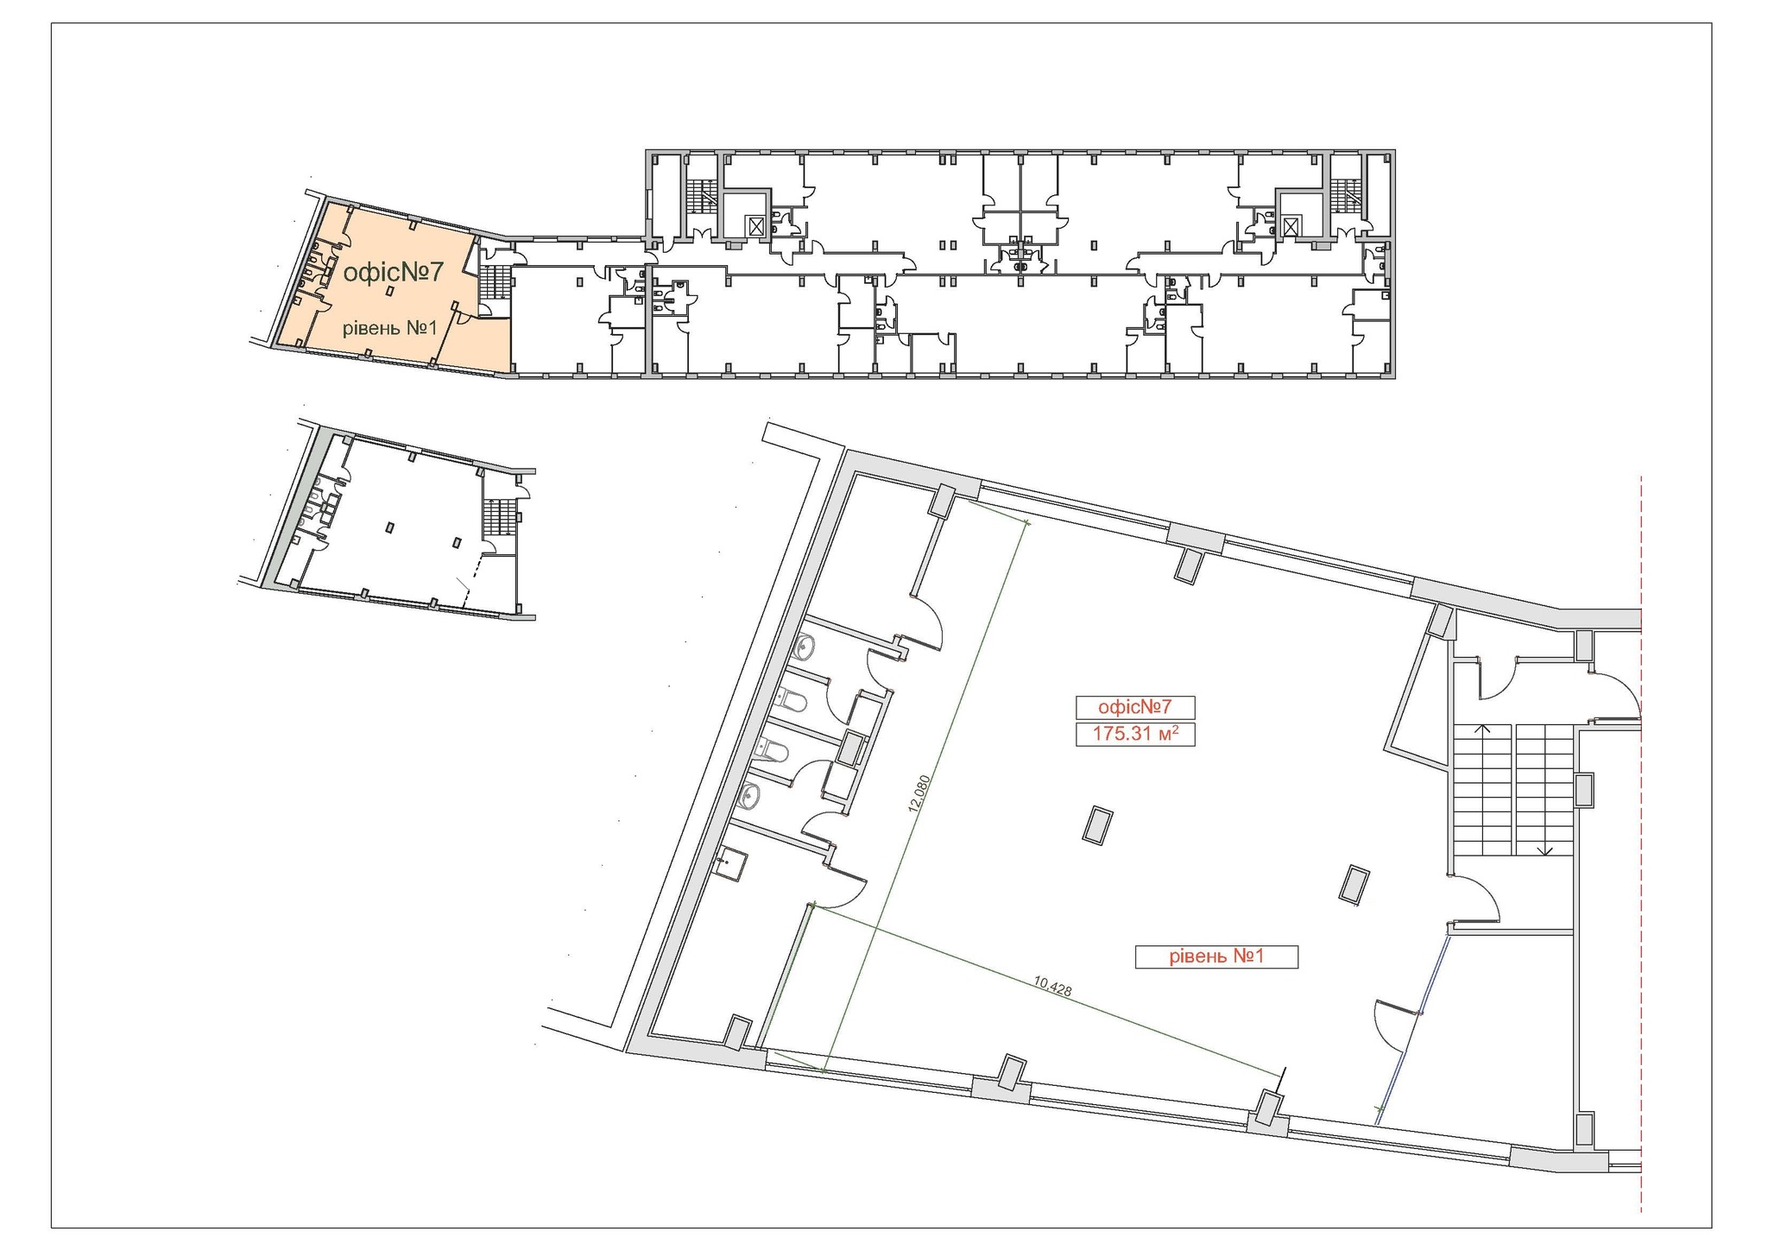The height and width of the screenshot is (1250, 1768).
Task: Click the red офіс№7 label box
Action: click(x=1134, y=707)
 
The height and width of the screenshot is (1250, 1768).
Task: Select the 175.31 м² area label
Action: click(x=1134, y=735)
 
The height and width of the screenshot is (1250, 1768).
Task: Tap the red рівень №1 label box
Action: click(x=1215, y=956)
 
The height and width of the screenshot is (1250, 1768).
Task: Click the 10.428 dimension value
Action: click(x=1052, y=986)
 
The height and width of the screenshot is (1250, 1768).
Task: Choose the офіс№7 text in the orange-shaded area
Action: click(x=393, y=273)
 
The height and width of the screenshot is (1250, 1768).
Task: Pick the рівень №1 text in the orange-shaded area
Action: click(x=391, y=328)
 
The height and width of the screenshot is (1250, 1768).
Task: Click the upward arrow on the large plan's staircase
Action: click(x=1483, y=730)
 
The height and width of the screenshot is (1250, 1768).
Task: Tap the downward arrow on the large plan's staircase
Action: click(x=1545, y=849)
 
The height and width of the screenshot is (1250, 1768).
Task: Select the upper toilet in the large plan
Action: click(x=792, y=701)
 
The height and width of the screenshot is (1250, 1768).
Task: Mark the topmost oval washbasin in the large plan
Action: click(x=804, y=645)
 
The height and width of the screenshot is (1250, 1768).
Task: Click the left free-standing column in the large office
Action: click(x=1097, y=826)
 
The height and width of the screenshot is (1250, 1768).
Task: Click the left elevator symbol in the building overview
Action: click(x=756, y=226)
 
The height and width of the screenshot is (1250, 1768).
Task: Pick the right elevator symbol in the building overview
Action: click(x=1290, y=226)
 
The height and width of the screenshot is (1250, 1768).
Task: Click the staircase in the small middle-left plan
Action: click(x=498, y=518)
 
